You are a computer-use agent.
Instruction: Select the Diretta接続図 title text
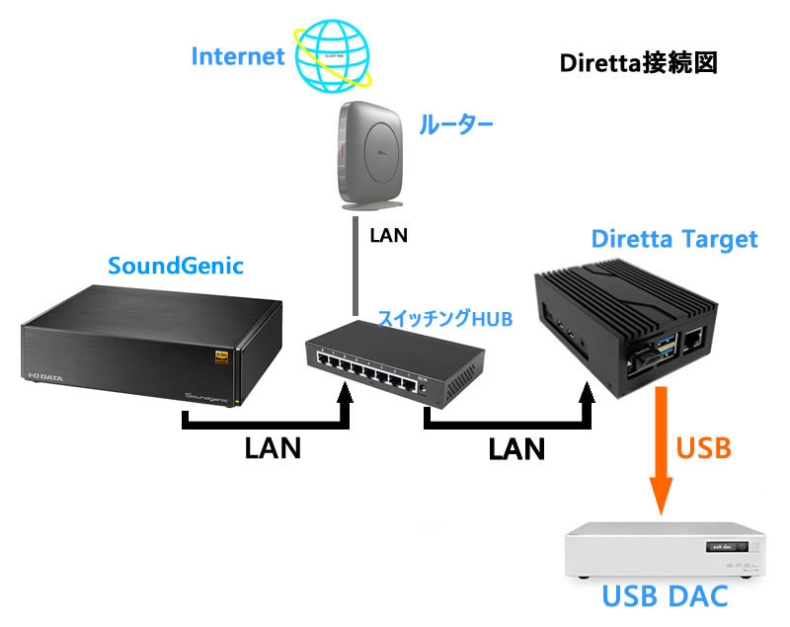637,63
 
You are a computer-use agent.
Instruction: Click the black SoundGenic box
148,341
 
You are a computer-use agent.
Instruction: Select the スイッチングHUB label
445,319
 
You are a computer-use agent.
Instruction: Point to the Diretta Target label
673,239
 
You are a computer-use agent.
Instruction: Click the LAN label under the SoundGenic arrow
273,448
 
